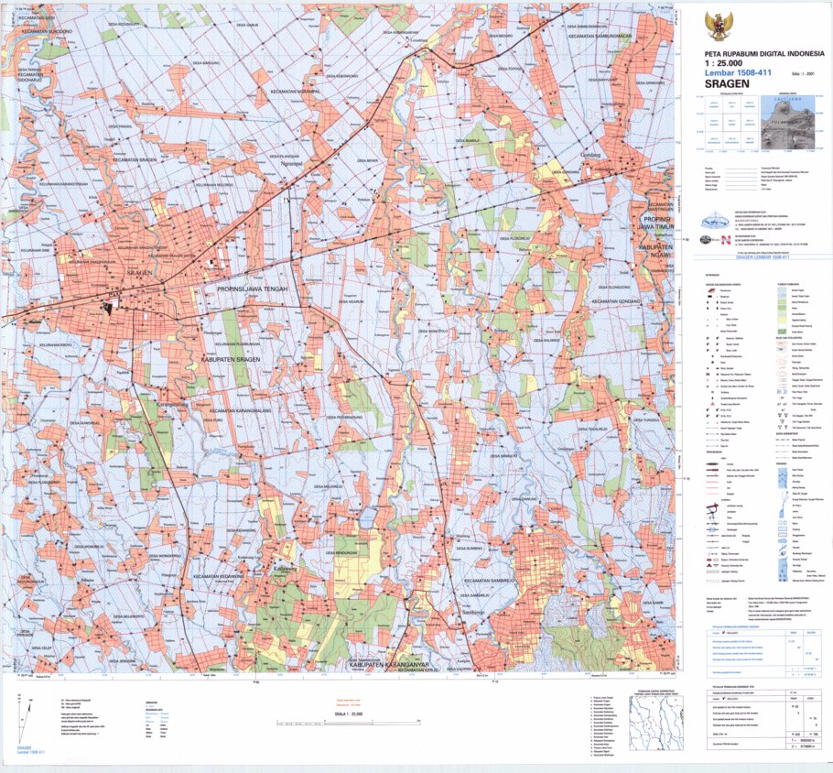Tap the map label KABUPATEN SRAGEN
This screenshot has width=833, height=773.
click(x=231, y=360)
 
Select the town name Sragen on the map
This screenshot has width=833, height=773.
click(x=138, y=273)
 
